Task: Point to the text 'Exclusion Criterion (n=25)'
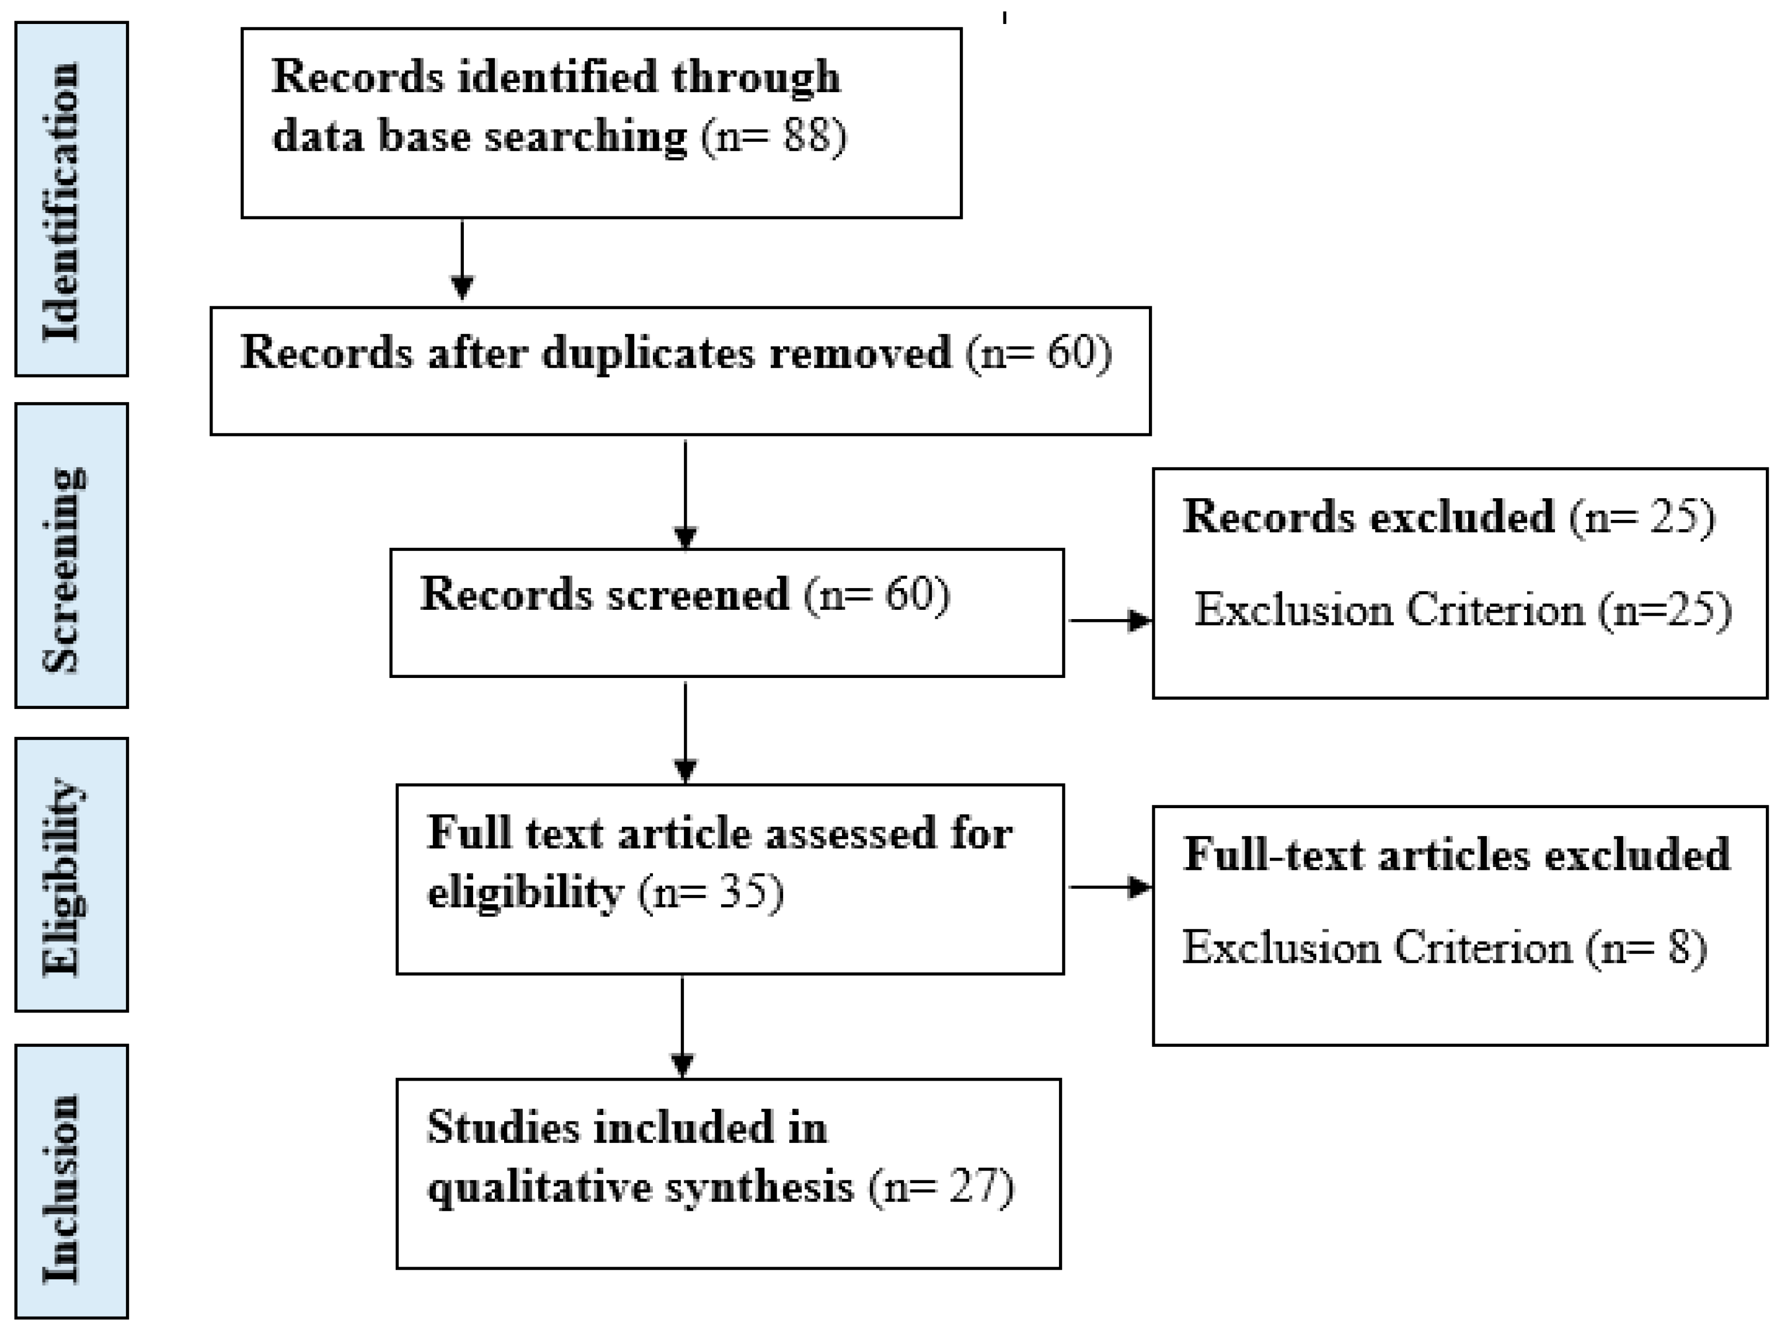tap(1462, 610)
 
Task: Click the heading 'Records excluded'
tap(1368, 517)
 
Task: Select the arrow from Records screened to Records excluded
tap(1110, 621)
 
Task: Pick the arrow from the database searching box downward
tap(462, 260)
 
